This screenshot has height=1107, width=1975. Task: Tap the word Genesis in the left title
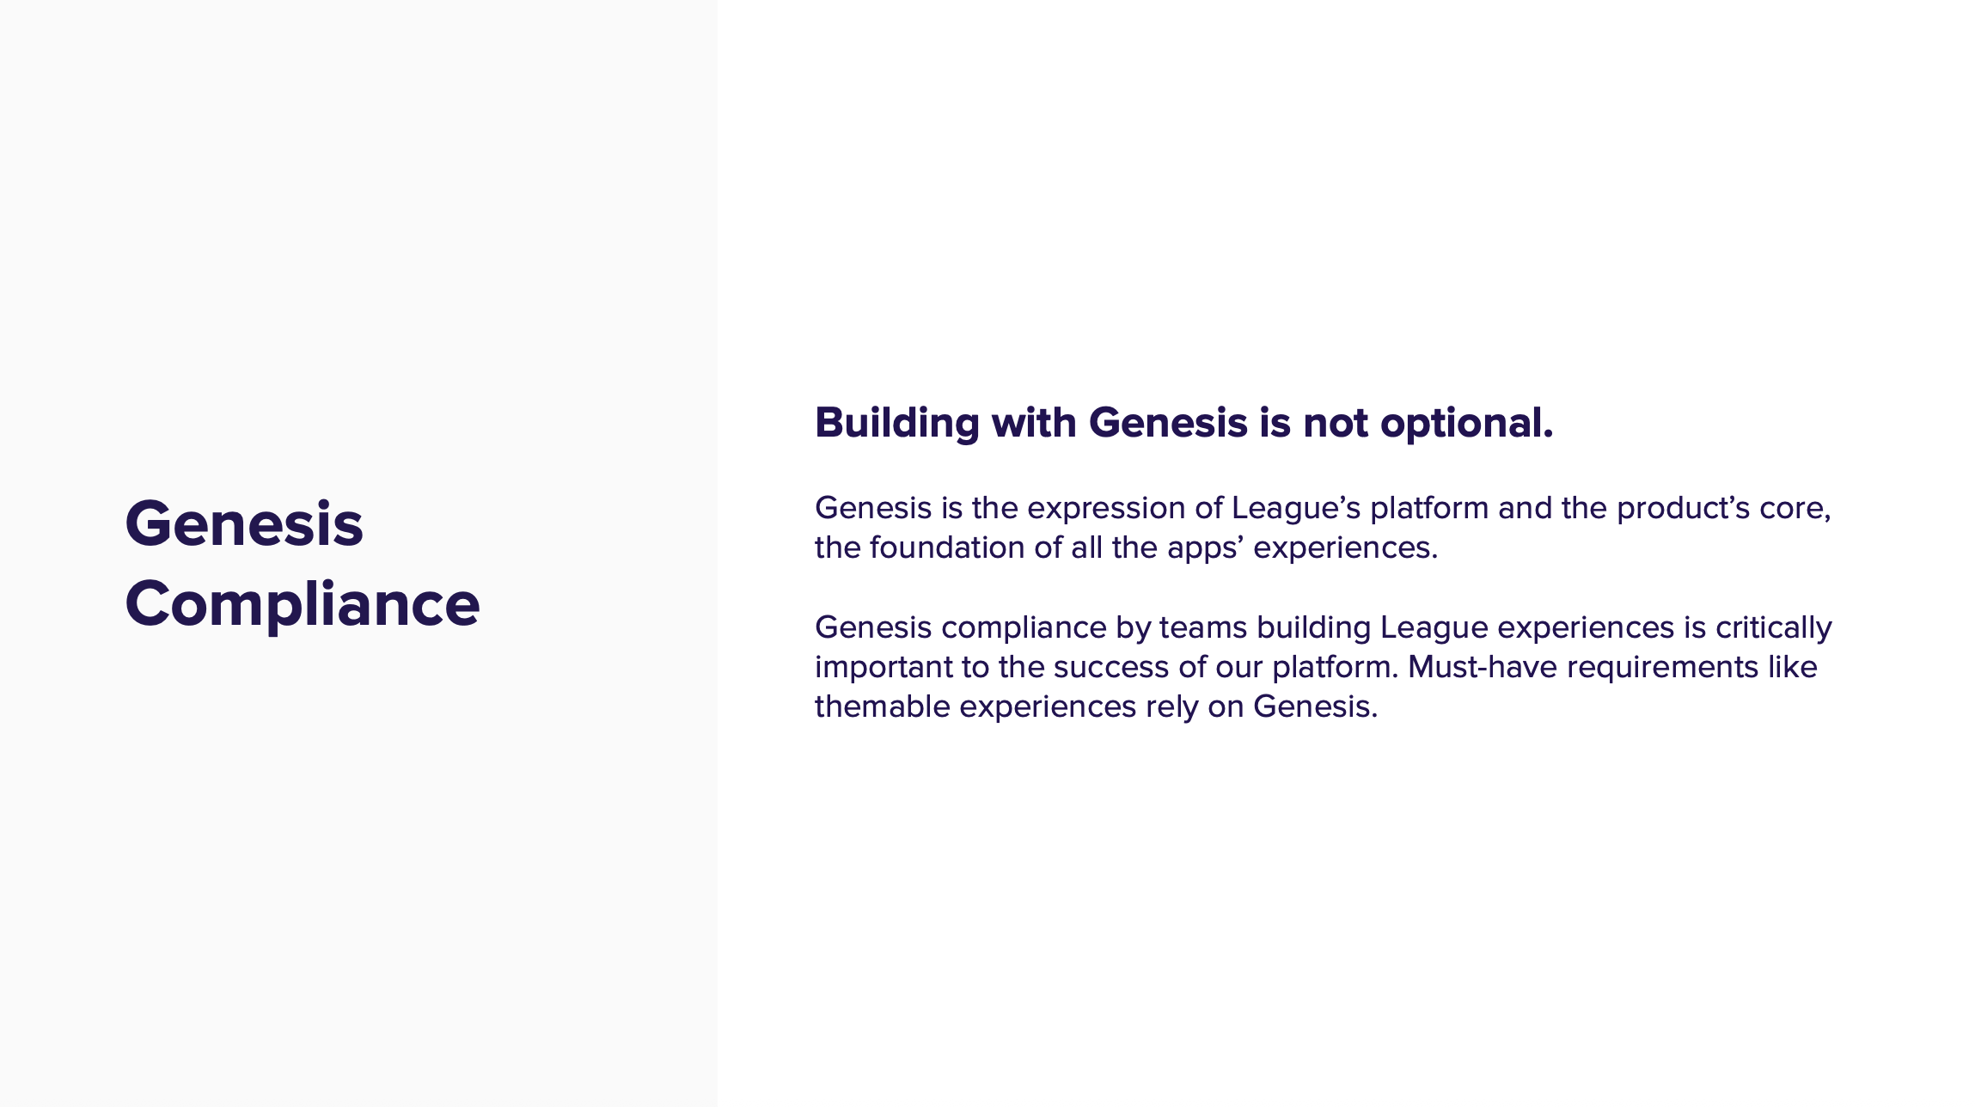tap(244, 523)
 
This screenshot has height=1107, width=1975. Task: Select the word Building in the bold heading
tap(897, 424)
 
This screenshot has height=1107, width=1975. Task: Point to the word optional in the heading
tap(1466, 424)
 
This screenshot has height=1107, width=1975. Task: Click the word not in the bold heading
tap(1336, 424)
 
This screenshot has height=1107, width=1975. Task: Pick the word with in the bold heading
tap(1034, 422)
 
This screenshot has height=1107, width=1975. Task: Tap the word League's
tap(1296, 509)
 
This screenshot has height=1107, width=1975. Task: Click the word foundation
tap(947, 547)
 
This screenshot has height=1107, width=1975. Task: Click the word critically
tap(1774, 628)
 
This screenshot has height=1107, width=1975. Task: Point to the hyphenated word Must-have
tap(1483, 667)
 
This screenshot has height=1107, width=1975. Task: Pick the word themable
tap(883, 706)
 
